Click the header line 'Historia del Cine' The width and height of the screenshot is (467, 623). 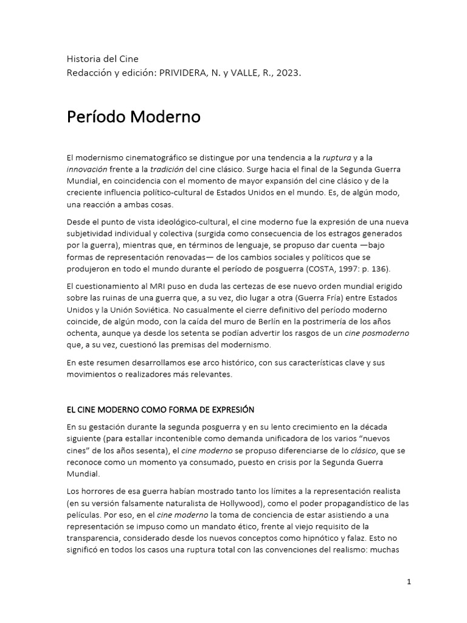click(x=102, y=59)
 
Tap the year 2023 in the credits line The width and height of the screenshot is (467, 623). click(x=288, y=73)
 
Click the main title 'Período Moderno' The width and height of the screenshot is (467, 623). click(x=133, y=117)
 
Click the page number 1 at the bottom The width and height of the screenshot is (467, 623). click(x=409, y=582)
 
